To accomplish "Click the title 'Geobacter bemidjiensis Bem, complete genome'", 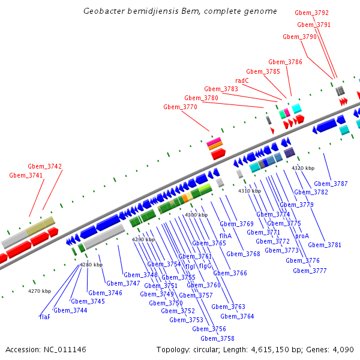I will [180, 11].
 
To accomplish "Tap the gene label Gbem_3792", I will [311, 13].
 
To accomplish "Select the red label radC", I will [242, 80].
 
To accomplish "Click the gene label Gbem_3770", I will [180, 107].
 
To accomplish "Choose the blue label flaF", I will [45, 316].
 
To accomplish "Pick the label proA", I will [302, 236].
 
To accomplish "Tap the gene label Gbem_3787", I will [331, 184].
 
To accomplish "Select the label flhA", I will [226, 236].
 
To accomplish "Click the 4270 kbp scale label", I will [40, 291].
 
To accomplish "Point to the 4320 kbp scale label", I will [302, 168].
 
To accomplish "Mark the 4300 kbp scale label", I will [196, 215].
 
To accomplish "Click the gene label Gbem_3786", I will [285, 62].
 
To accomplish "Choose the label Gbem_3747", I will [123, 283].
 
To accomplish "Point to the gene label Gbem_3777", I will [310, 271].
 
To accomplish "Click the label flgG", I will [205, 266].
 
